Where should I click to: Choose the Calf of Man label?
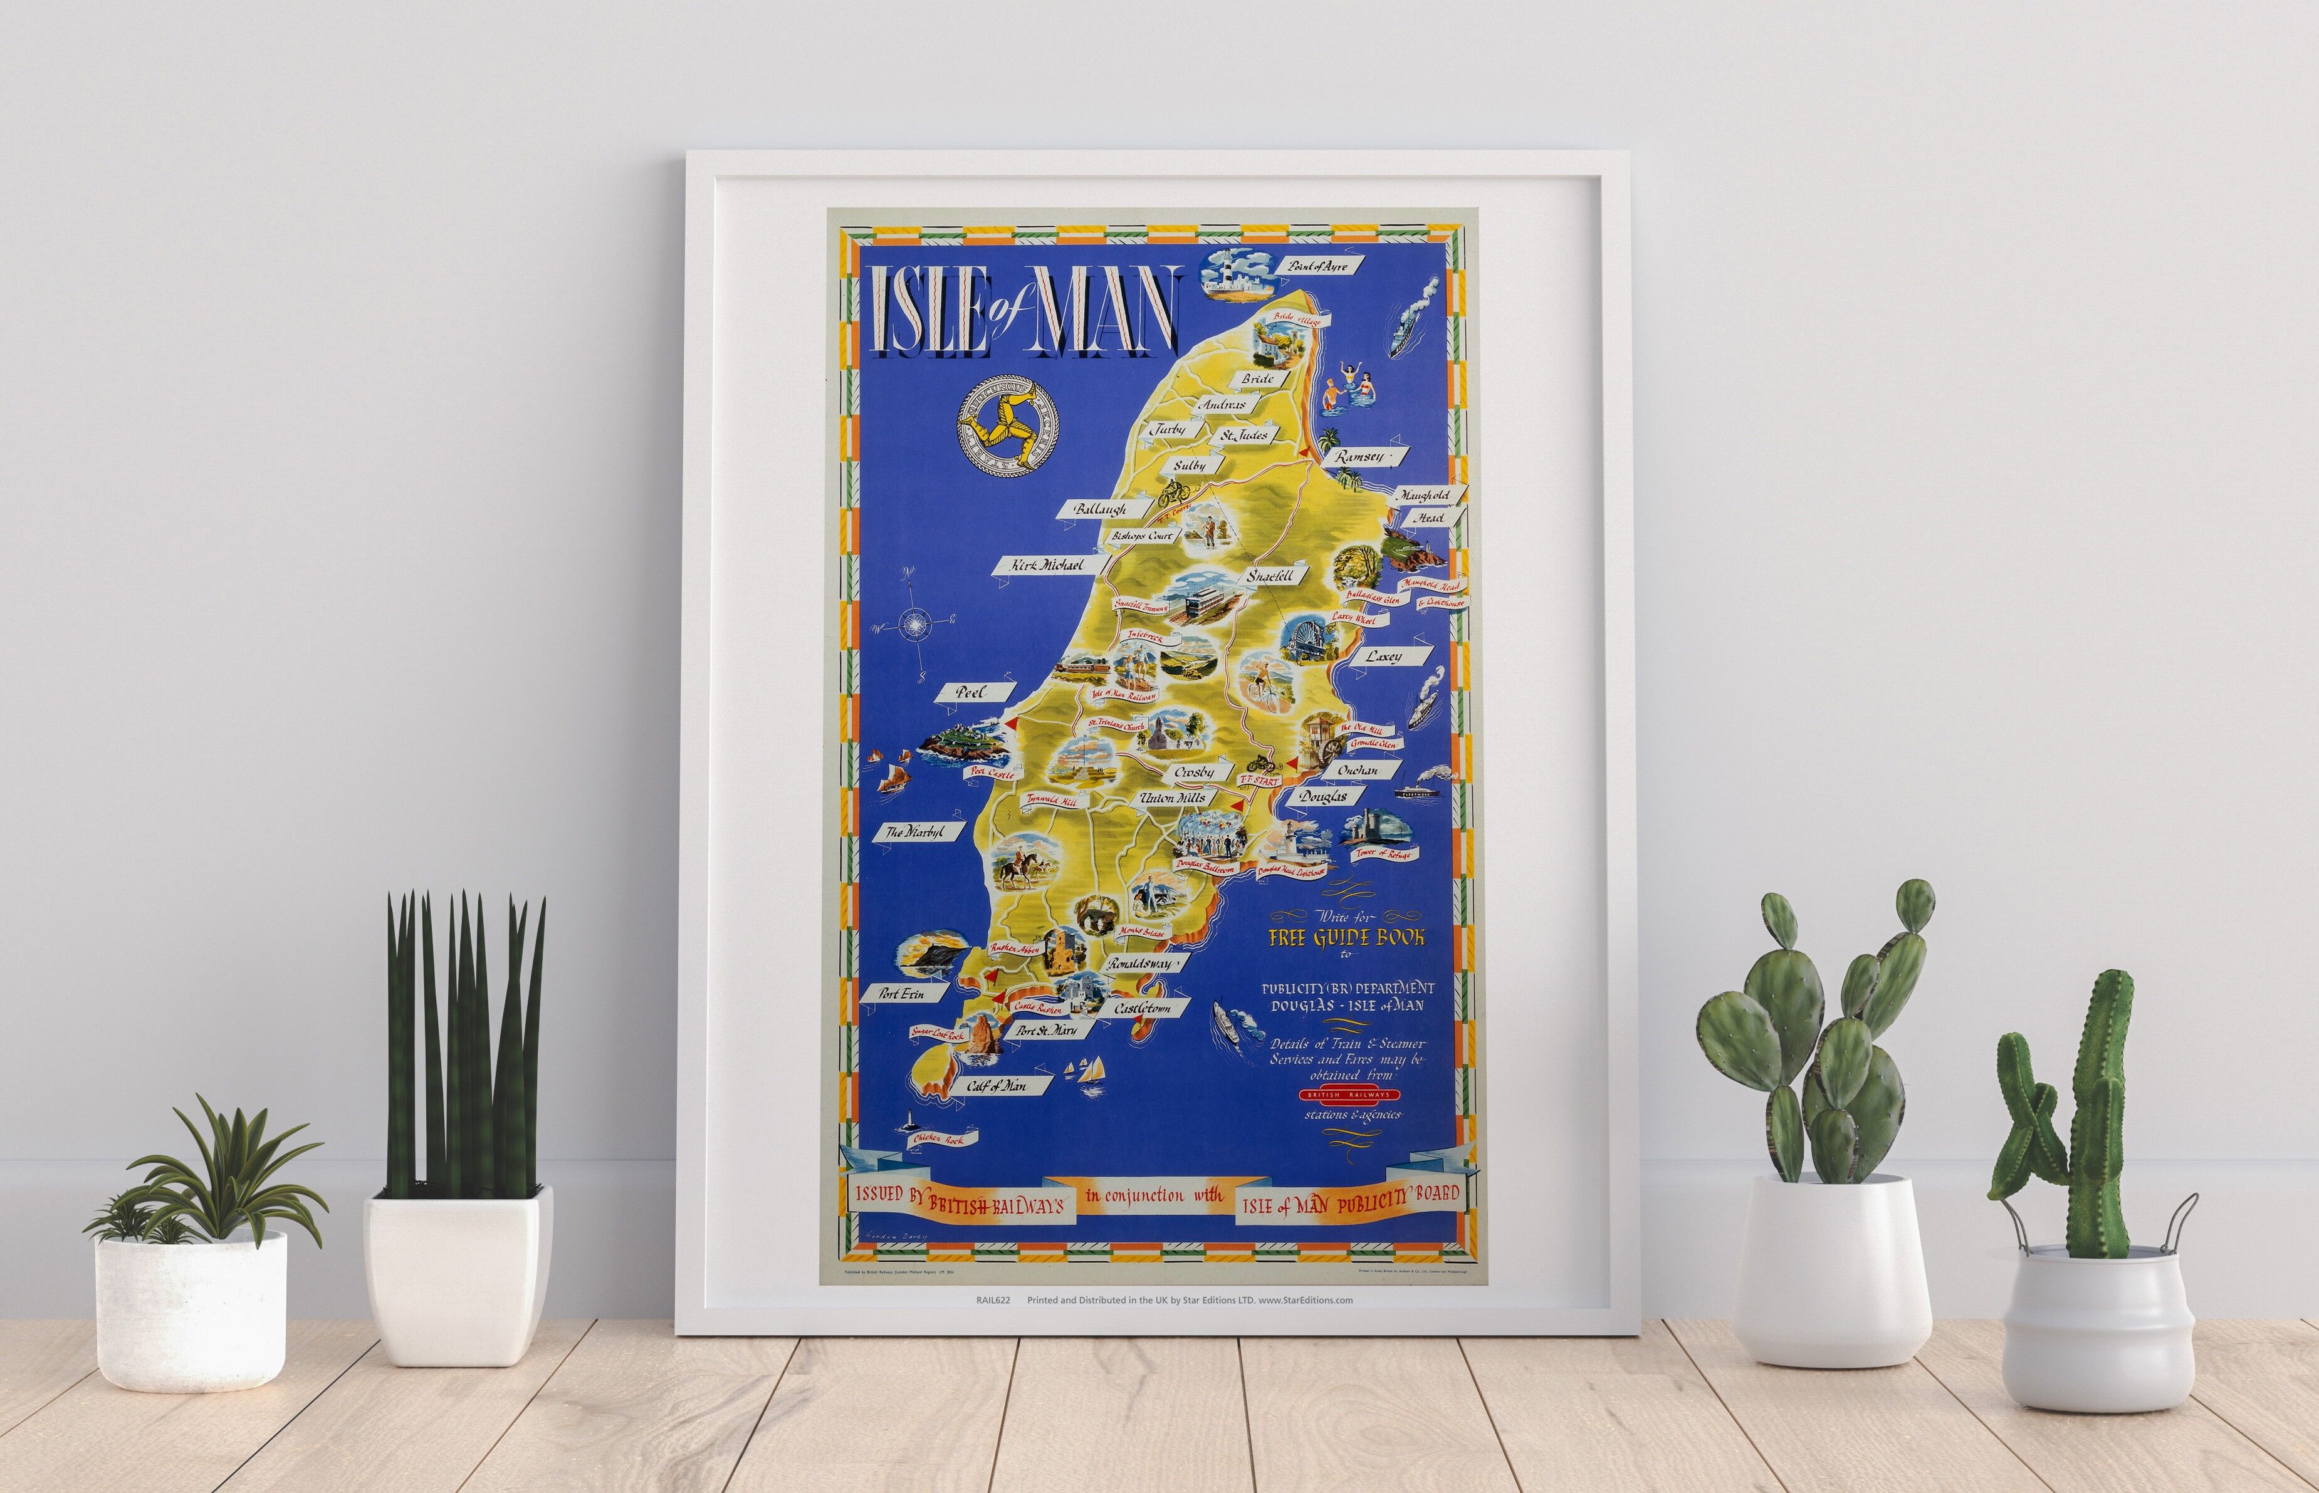(996, 1086)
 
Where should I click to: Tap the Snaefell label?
(1270, 576)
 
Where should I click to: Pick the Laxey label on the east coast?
(1383, 657)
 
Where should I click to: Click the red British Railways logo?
(1350, 1095)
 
